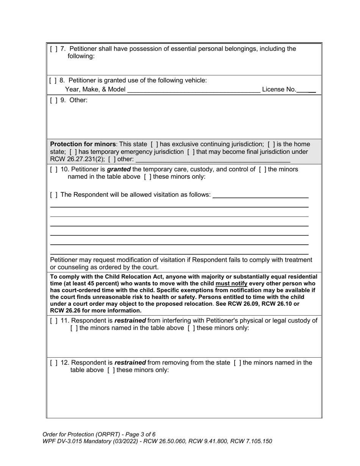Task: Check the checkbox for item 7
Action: [x=53, y=49]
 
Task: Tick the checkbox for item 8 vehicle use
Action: [x=53, y=81]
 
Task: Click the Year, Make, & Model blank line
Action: [x=194, y=90]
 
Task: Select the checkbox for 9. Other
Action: [x=53, y=100]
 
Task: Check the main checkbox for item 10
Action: [x=53, y=169]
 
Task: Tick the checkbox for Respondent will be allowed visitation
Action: [x=53, y=195]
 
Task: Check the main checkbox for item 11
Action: [x=53, y=321]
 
